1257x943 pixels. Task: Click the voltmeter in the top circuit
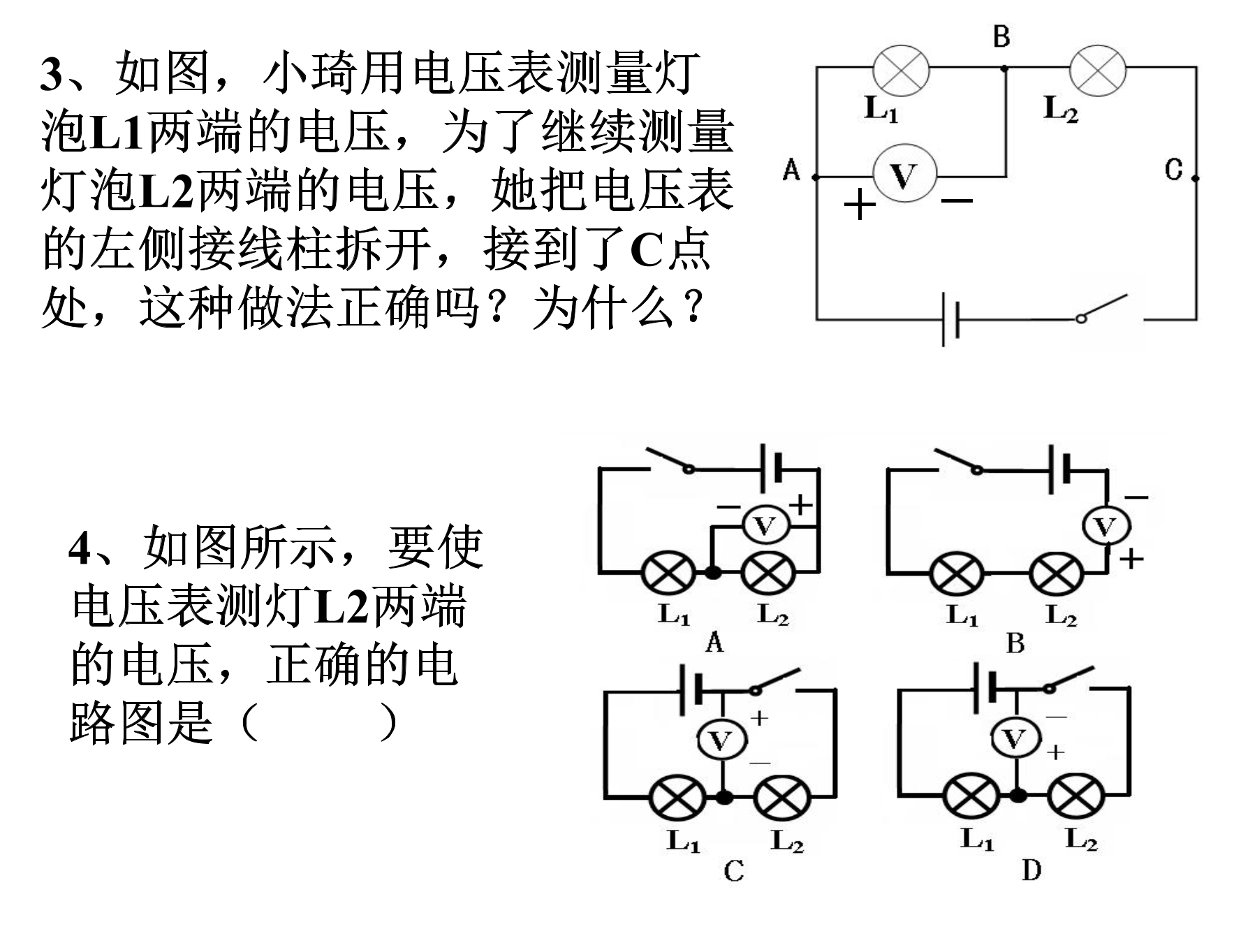[904, 175]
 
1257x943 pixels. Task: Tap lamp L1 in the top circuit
[901, 71]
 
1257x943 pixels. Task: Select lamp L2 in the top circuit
[1097, 71]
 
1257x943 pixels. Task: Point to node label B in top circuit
[1001, 36]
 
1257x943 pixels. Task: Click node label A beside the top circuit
[791, 169]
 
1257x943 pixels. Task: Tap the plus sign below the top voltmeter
[860, 205]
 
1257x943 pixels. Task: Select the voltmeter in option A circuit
[765, 525]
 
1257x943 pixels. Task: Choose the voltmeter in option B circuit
[1105, 527]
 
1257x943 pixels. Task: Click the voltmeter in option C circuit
[721, 740]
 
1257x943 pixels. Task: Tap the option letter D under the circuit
[1031, 871]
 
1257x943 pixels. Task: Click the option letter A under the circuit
[714, 642]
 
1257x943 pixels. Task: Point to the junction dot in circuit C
[725, 796]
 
